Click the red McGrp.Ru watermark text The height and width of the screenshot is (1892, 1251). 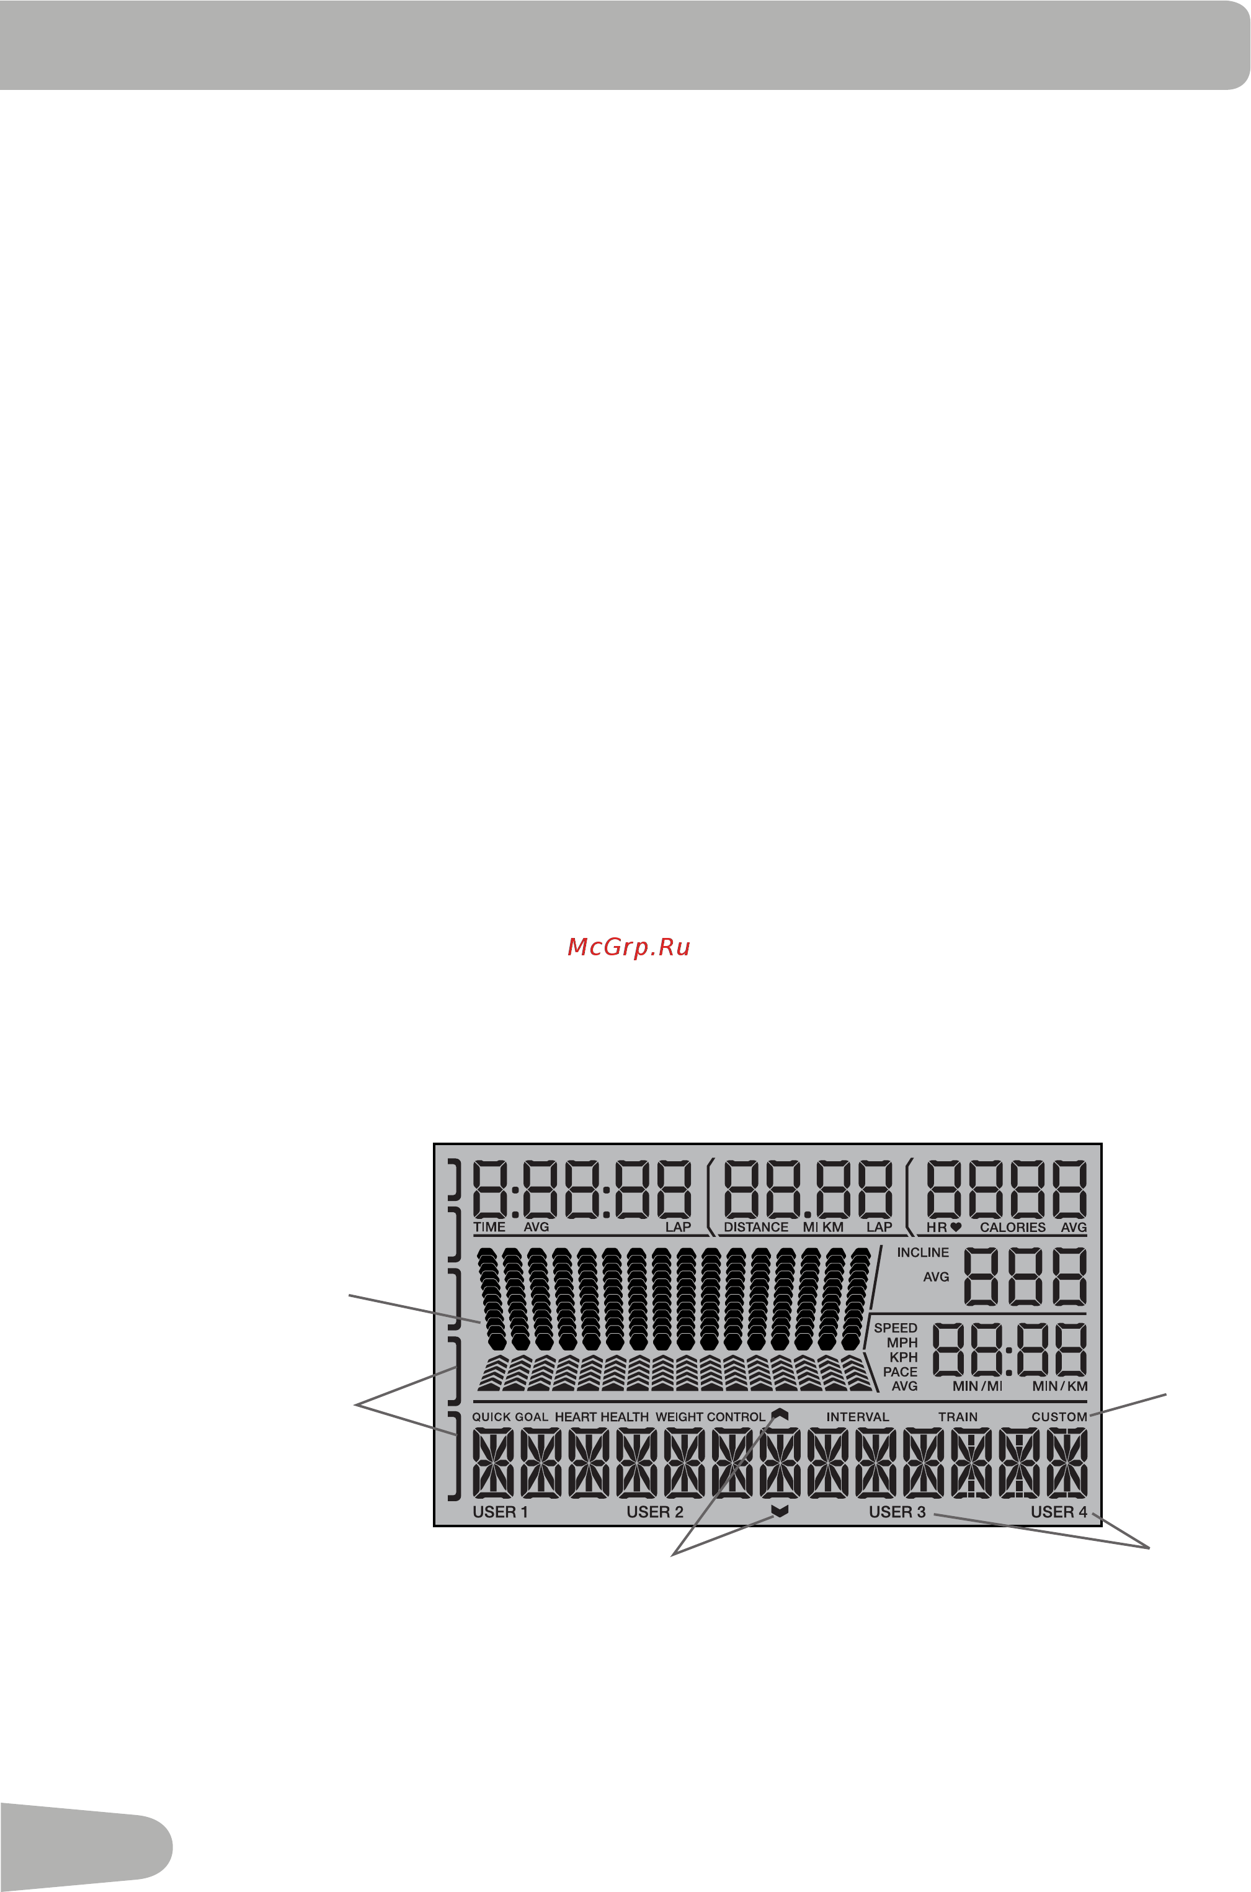629,947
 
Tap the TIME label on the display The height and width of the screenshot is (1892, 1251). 489,1227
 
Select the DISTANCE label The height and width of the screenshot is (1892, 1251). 755,1227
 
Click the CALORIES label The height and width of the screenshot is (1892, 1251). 1012,1227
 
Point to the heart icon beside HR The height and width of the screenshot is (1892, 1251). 956,1227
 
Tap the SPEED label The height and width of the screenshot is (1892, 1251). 895,1328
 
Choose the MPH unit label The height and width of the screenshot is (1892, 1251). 902,1343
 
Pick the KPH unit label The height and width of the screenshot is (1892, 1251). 903,1357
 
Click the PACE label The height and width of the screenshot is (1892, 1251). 900,1372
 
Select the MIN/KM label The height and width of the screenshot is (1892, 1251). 1059,1386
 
